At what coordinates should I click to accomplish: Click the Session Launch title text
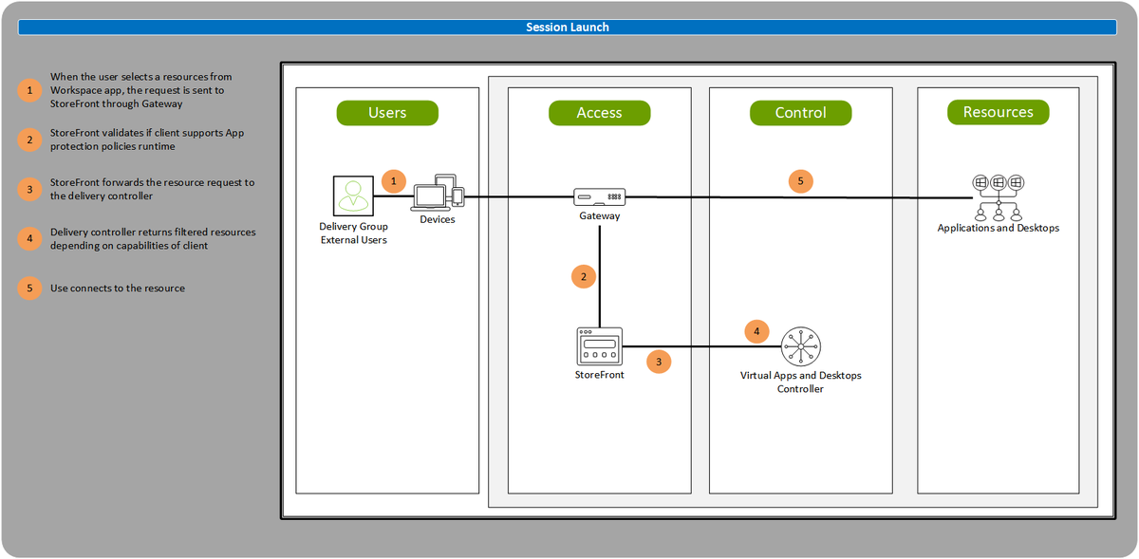pyautogui.click(x=568, y=28)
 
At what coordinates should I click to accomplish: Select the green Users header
pyautogui.click(x=387, y=113)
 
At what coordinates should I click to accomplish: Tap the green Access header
pyautogui.click(x=599, y=113)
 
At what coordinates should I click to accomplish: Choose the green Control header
pyautogui.click(x=800, y=113)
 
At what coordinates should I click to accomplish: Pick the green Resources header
pyautogui.click(x=998, y=112)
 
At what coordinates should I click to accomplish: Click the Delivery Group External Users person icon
pyautogui.click(x=353, y=196)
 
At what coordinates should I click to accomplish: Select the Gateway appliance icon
pyautogui.click(x=600, y=197)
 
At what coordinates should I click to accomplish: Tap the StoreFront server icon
pyautogui.click(x=599, y=346)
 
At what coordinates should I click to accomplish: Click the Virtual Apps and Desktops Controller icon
pyautogui.click(x=801, y=347)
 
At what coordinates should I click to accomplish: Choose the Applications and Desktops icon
pyautogui.click(x=998, y=196)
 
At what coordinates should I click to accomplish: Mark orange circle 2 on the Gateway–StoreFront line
pyautogui.click(x=584, y=277)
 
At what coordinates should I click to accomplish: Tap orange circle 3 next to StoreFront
pyautogui.click(x=658, y=362)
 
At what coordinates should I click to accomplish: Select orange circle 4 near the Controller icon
pyautogui.click(x=756, y=331)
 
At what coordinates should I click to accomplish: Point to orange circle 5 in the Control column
pyautogui.click(x=800, y=180)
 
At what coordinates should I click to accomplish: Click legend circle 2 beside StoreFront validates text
pyautogui.click(x=30, y=139)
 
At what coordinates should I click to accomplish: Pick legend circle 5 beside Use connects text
pyautogui.click(x=30, y=288)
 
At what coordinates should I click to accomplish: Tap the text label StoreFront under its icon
pyautogui.click(x=599, y=376)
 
